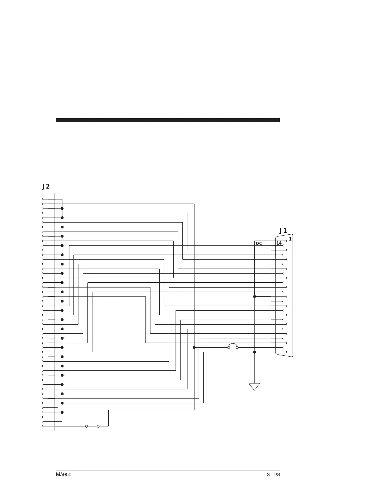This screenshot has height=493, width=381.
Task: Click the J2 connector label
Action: (x=46, y=186)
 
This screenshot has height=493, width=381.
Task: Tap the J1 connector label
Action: (x=283, y=231)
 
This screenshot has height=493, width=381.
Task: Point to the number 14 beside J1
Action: (x=279, y=243)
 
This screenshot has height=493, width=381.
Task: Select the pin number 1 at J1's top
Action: (x=290, y=239)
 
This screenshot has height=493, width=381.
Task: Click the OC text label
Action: (x=259, y=243)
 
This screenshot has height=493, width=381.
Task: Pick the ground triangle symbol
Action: (x=254, y=387)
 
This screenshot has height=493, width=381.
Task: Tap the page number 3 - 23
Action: (x=273, y=475)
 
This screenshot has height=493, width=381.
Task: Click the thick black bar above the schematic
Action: (x=168, y=120)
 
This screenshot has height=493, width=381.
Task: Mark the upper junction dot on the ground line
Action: (x=255, y=297)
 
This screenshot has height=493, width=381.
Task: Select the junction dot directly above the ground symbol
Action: (x=255, y=352)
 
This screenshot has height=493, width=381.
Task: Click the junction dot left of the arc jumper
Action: (x=194, y=347)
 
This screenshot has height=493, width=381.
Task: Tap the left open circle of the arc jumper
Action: (x=229, y=347)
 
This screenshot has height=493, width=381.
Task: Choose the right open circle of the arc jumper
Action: (x=237, y=347)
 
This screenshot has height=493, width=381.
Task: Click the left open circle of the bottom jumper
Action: (x=87, y=426)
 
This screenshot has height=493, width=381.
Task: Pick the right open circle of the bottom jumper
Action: (x=98, y=426)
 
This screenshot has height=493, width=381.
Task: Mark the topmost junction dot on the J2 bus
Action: (x=62, y=209)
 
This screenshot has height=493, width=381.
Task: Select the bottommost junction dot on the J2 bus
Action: (x=62, y=412)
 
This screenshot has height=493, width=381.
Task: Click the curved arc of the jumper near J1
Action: (x=233, y=344)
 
